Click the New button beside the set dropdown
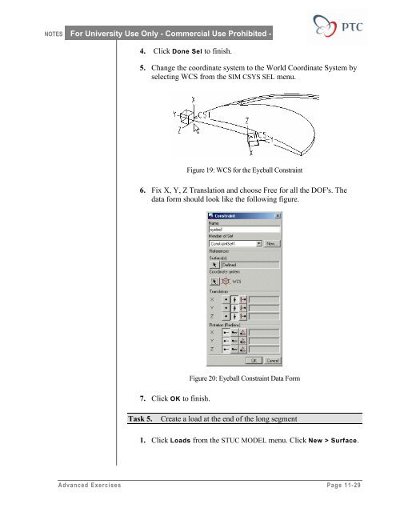[273, 243]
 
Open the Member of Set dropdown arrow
[259, 243]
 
